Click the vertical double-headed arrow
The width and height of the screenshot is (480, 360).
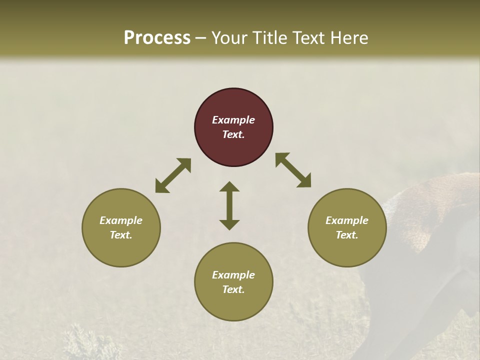coord(229,205)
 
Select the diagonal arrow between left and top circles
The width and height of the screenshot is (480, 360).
coord(173,175)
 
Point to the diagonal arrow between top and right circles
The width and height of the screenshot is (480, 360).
coord(293,170)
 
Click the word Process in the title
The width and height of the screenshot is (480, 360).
coord(157,38)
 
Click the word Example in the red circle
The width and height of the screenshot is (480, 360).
coord(233,120)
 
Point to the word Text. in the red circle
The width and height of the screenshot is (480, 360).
coord(233,134)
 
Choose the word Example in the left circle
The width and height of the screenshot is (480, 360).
coord(121,220)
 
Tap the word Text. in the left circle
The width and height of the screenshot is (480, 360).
coord(121,235)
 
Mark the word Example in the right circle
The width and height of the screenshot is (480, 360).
coord(347,220)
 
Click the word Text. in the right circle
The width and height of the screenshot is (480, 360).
coord(347,235)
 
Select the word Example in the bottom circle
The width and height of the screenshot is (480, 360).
coord(233,275)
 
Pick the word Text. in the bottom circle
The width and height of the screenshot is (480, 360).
coord(233,289)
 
